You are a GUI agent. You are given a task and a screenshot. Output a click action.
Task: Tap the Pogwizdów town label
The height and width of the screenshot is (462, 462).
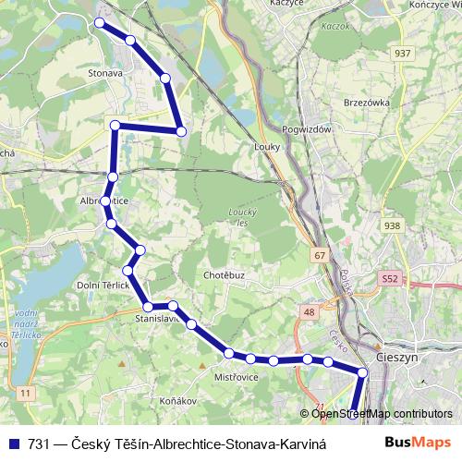click(307, 130)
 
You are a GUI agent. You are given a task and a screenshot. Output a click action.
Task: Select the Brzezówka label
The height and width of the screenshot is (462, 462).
click(367, 102)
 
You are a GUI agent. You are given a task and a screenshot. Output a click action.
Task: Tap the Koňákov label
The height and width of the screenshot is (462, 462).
click(178, 401)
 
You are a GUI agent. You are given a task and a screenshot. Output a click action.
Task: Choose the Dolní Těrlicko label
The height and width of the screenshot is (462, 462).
click(103, 286)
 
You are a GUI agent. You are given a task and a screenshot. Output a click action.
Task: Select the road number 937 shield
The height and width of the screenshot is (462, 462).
click(402, 53)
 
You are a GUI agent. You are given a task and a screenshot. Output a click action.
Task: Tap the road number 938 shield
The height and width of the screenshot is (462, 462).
click(392, 225)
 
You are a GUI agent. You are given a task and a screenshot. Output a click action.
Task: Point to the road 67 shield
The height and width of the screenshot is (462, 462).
click(320, 254)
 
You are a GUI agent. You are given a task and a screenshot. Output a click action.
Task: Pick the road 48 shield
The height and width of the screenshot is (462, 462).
click(306, 313)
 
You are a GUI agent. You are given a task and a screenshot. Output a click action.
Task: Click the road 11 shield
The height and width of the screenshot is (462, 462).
click(25, 395)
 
